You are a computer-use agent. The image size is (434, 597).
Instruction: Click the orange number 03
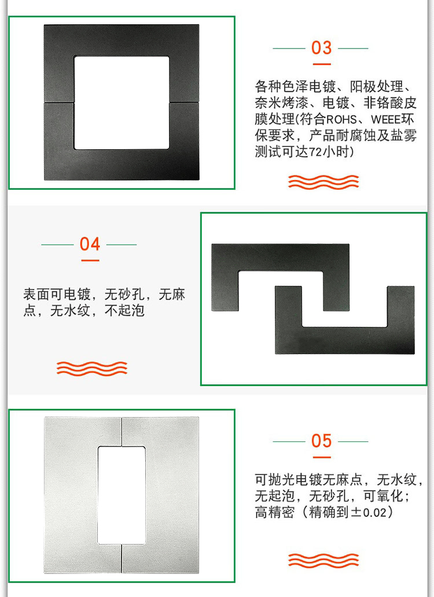[x=321, y=48]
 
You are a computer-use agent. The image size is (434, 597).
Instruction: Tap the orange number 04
[x=90, y=244]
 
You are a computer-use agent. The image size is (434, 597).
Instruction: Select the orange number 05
[x=321, y=441]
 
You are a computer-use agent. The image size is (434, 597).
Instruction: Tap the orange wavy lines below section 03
[x=323, y=182]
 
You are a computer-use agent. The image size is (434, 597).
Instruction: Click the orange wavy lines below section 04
[x=92, y=368]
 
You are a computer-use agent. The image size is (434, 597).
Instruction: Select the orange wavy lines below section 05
[x=323, y=561]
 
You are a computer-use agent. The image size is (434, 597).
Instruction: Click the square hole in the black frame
[x=122, y=103]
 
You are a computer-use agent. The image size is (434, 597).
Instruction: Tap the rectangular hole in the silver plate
[x=122, y=495]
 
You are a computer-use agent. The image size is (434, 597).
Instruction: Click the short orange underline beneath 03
[x=322, y=64]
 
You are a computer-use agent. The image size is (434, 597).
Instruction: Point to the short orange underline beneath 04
[x=90, y=260]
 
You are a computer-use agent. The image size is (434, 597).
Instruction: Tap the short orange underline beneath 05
[x=322, y=457]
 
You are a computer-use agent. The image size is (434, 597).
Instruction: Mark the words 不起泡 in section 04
[x=124, y=311]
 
